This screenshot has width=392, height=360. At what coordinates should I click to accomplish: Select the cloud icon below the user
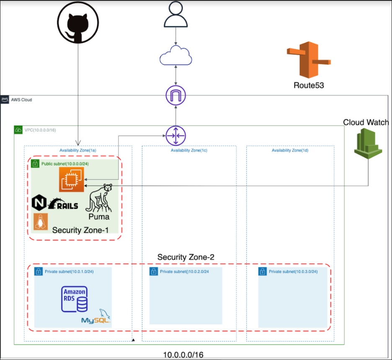(175, 56)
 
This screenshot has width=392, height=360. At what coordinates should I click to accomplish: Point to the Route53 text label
(309, 85)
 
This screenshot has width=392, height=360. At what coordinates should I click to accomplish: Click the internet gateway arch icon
(175, 95)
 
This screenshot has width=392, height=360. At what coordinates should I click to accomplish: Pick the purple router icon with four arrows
(175, 135)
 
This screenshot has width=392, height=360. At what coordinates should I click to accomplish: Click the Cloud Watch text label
(366, 123)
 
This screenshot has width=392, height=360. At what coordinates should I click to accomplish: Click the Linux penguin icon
(41, 222)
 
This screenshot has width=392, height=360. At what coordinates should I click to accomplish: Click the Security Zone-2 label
(186, 257)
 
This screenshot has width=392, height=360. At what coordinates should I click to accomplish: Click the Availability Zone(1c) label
(189, 150)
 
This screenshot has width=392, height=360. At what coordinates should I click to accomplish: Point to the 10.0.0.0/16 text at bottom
(183, 355)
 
